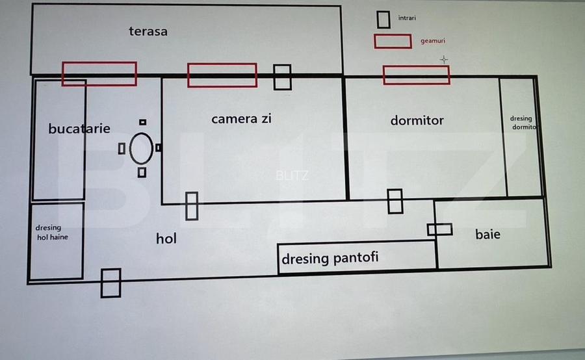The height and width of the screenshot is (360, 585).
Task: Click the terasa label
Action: tap(148, 31)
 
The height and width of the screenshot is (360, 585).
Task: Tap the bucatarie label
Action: tap(79, 129)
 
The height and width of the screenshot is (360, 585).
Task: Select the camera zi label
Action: tap(241, 119)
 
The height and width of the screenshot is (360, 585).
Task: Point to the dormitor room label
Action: tap(417, 120)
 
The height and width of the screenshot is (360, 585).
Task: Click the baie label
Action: tap(487, 234)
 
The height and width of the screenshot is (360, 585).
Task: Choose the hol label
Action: tap(166, 238)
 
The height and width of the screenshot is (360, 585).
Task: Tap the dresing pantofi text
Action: tap(330, 258)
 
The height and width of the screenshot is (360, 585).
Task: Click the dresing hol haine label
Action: tap(53, 233)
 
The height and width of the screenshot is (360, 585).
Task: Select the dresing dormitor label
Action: tap(522, 123)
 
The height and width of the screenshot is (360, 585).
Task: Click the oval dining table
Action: tap(141, 149)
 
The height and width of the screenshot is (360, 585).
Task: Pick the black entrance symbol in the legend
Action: tap(383, 19)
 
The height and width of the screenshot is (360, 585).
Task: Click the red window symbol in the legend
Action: tap(393, 41)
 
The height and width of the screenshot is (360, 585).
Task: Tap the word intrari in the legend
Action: tap(408, 18)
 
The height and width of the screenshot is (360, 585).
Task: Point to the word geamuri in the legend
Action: tap(433, 41)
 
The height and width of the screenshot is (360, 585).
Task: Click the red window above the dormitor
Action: tap(416, 75)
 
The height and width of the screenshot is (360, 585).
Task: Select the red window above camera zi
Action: tap(222, 75)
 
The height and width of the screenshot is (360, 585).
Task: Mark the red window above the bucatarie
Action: tap(99, 73)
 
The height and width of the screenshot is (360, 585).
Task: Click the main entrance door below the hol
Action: tap(111, 283)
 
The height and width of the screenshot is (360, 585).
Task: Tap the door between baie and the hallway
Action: tap(439, 229)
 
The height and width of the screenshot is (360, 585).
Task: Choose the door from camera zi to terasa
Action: tap(282, 77)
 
